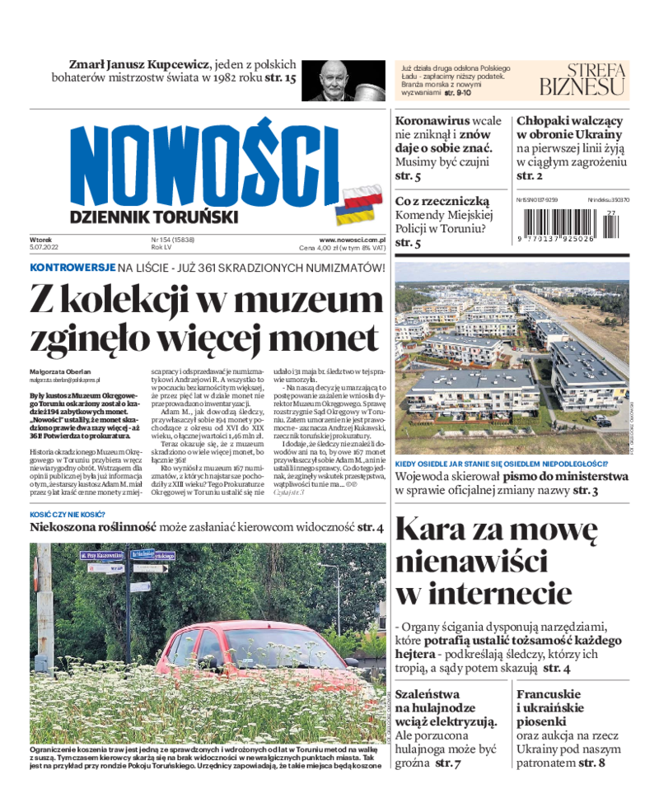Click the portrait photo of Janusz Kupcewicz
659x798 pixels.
tap(344, 80)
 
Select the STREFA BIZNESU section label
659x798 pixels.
tap(583, 79)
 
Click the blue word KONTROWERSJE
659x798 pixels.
tap(72, 268)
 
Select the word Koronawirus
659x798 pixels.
tap(434, 120)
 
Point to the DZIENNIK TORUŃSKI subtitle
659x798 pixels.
tap(155, 217)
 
